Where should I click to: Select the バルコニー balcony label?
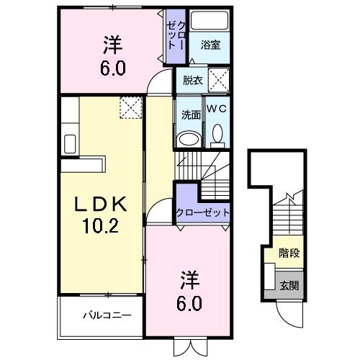(106, 315)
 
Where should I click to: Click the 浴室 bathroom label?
(210, 45)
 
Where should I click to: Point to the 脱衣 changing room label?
(192, 81)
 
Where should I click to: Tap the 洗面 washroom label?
(189, 114)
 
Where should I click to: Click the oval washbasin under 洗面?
(189, 139)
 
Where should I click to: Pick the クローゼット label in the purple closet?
(203, 213)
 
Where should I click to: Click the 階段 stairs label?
(290, 253)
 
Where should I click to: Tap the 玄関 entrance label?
(290, 284)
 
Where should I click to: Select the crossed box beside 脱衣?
(219, 78)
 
